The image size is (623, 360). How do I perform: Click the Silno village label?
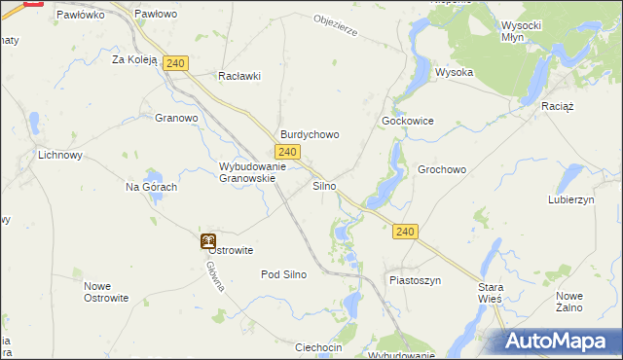pos(324,185)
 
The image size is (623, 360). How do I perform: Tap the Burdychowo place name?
pos(310,135)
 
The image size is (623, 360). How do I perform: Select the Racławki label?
pos(240,76)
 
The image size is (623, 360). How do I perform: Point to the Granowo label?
pos(176,119)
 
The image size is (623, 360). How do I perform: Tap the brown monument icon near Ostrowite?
pos(207,240)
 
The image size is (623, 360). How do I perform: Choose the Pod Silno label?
pos(284,274)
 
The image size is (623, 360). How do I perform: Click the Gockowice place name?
pos(407,121)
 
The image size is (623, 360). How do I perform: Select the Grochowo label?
pos(442,169)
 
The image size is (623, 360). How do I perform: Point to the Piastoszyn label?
pos(416,280)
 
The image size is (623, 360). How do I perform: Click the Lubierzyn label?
pos(571,199)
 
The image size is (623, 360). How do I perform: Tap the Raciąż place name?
pos(559,103)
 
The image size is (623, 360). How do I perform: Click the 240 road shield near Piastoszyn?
pos(407,232)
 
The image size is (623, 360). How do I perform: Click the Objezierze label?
pos(336,25)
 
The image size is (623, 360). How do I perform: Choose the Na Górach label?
pos(152,187)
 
